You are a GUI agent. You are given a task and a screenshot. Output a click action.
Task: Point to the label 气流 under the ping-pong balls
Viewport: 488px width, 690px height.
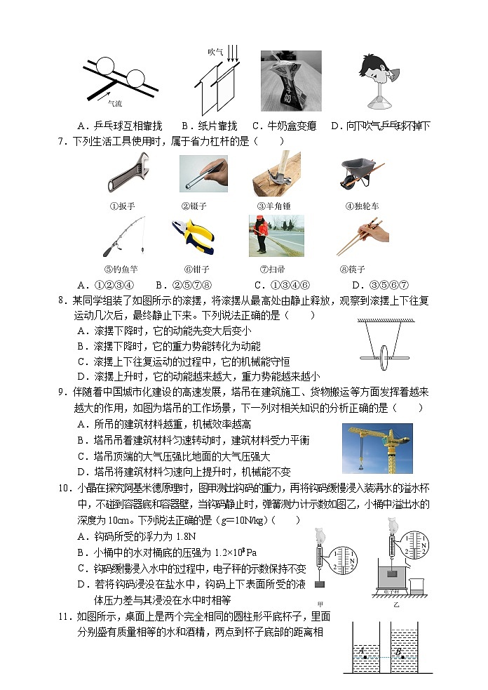(x=114, y=104)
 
